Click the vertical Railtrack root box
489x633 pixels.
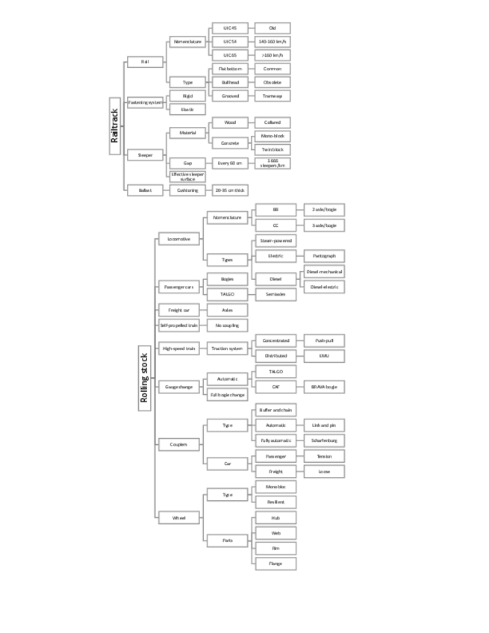click(x=115, y=125)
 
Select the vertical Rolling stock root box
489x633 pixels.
click(x=146, y=378)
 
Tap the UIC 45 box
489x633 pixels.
click(x=230, y=28)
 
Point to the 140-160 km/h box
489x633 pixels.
click(x=272, y=42)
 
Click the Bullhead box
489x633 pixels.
click(x=230, y=82)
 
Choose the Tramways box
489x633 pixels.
click(x=272, y=96)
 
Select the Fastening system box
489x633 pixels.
click(x=145, y=102)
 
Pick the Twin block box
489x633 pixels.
click(x=272, y=149)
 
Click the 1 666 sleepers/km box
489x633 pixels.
click(x=272, y=163)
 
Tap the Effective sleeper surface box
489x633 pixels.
click(x=187, y=176)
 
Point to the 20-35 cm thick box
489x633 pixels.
click(x=230, y=190)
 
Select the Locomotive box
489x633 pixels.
click(x=179, y=240)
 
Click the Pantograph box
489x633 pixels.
click(x=324, y=256)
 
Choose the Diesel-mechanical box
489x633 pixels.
click(x=324, y=272)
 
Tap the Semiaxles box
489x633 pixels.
click(x=275, y=294)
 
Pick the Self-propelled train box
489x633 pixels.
click(x=179, y=325)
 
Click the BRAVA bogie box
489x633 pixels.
click(x=324, y=387)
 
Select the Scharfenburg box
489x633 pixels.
click(x=324, y=440)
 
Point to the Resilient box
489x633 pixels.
click(x=275, y=502)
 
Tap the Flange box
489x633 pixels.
click(x=275, y=564)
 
